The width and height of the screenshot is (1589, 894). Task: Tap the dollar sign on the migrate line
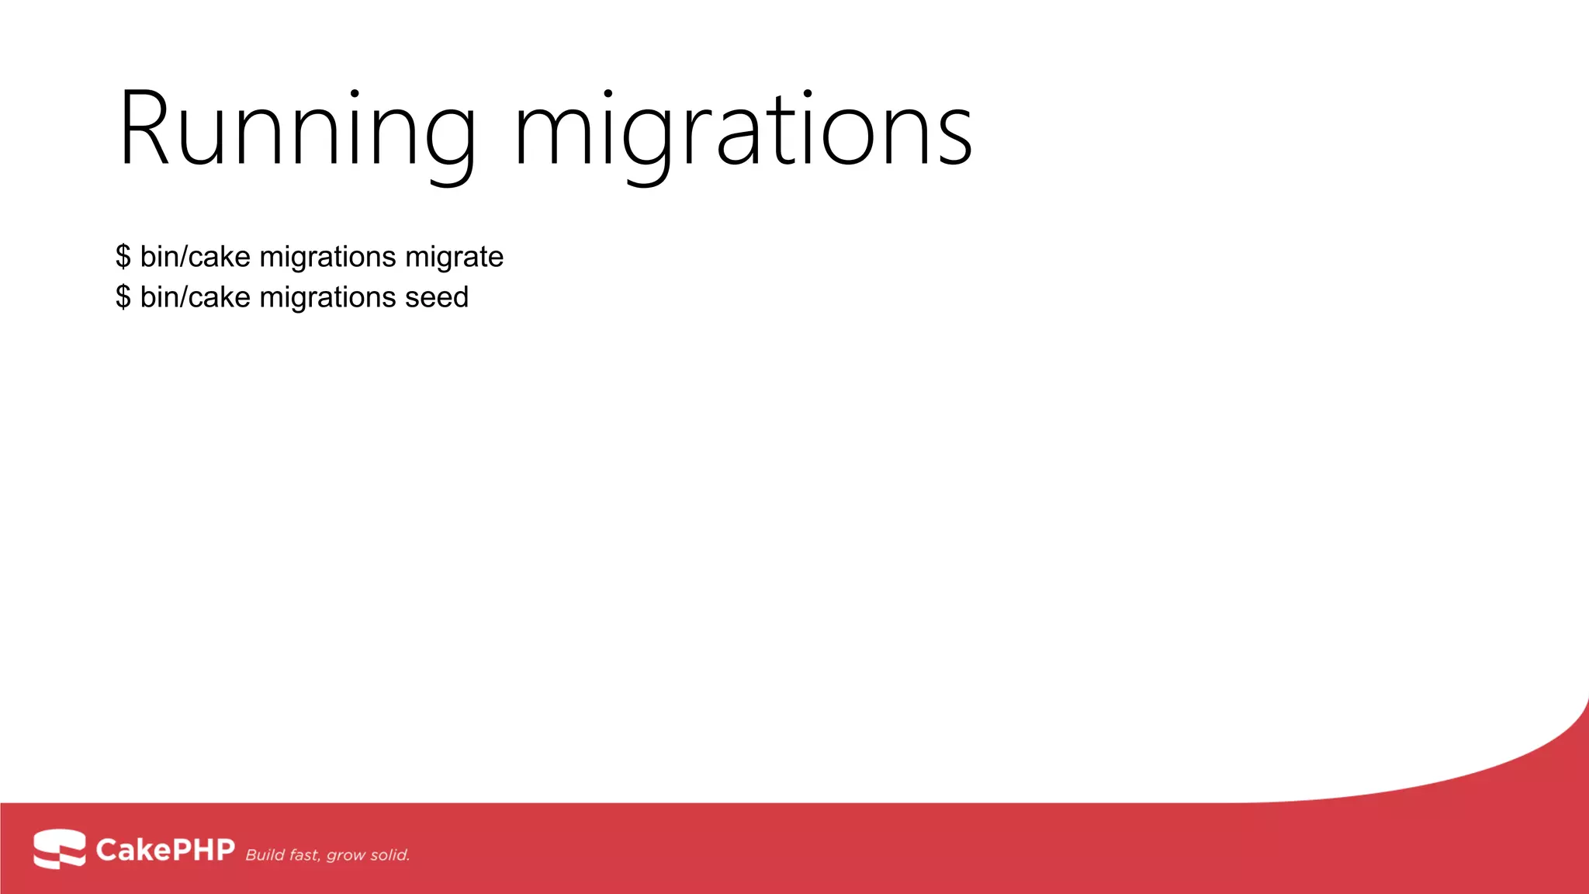pyautogui.click(x=123, y=257)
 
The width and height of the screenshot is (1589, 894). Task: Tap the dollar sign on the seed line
pyautogui.click(x=123, y=297)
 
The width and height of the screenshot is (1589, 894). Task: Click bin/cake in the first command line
pyautogui.click(x=195, y=257)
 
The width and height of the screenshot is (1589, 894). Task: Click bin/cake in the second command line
pyautogui.click(x=195, y=297)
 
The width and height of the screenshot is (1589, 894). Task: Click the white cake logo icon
pyautogui.click(x=59, y=848)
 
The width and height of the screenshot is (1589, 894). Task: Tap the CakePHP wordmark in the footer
pyautogui.click(x=164, y=850)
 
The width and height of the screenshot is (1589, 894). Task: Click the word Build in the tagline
pyautogui.click(x=264, y=855)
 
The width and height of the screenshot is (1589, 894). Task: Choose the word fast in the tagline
pyautogui.click(x=304, y=855)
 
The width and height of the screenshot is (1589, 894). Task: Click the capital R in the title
pyautogui.click(x=144, y=129)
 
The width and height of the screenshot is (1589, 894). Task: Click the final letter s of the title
pyautogui.click(x=954, y=137)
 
